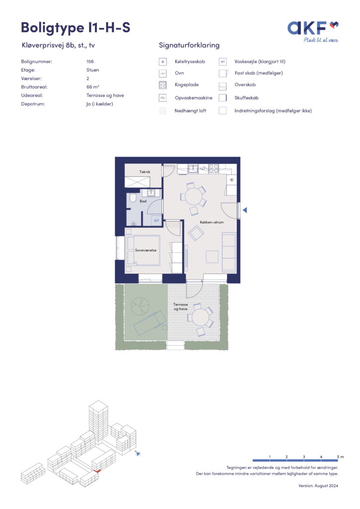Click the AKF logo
pos(313,31)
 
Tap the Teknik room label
pos(145,171)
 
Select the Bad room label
pos(143,201)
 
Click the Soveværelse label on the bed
pos(146,251)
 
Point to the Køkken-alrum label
pos(212,222)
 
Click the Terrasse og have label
pos(180,307)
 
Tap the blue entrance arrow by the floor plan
pos(245,210)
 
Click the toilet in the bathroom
pos(133,198)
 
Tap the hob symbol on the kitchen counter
pos(214,168)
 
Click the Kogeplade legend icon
pos(163,85)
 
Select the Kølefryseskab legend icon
pos(163,62)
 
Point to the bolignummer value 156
pos(90,61)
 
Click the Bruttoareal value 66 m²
pos(93,87)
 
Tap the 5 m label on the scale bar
pos(340,457)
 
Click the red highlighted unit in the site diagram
pos(97,470)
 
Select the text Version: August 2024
pos(318,486)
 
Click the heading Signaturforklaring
pos(189,45)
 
